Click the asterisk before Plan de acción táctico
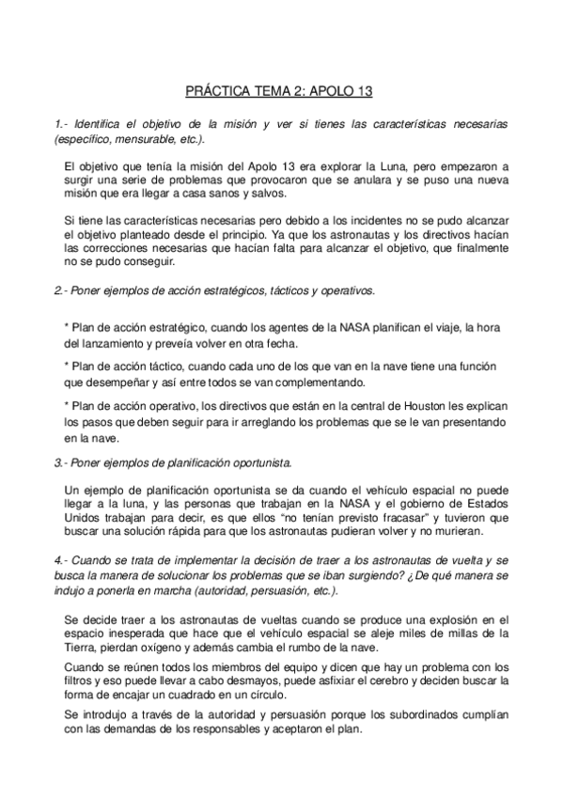(x=67, y=365)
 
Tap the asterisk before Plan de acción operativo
(x=67, y=404)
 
